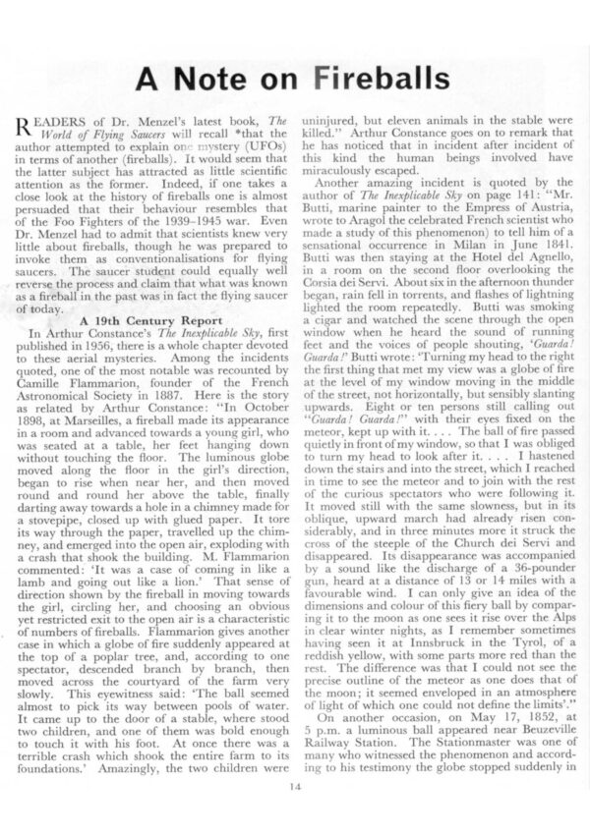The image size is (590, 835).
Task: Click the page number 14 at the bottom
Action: (x=294, y=783)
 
